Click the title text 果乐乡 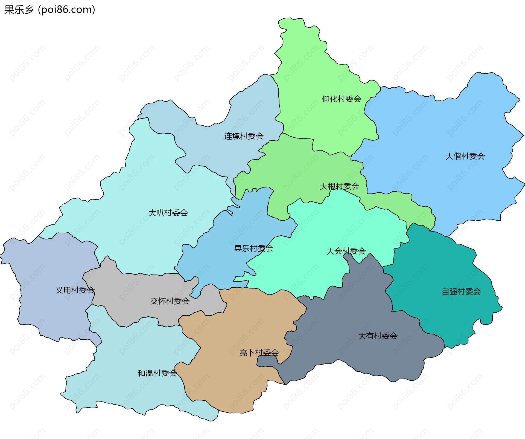(x=19, y=10)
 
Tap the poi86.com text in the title (x=66, y=10)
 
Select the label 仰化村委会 (x=341, y=99)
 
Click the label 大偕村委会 (x=465, y=157)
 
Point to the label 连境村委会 (x=244, y=136)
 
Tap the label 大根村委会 (x=339, y=187)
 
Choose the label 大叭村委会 (x=168, y=213)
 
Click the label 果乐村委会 (x=253, y=249)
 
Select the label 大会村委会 (x=346, y=251)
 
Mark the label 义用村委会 (x=75, y=290)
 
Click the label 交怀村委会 (x=170, y=301)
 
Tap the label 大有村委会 (x=378, y=336)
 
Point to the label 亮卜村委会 (x=259, y=353)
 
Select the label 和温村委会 (x=157, y=373)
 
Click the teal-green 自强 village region (x=437, y=268)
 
